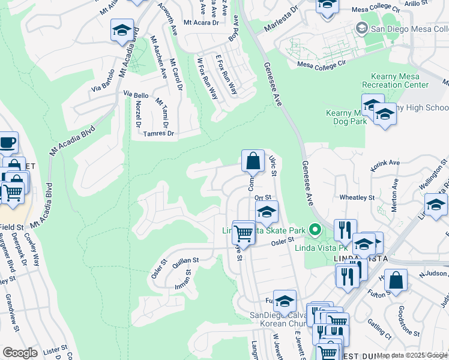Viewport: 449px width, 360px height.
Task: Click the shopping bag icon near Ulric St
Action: (253, 161)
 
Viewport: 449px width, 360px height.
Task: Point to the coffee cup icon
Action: (7, 143)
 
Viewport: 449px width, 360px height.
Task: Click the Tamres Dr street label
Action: (159, 134)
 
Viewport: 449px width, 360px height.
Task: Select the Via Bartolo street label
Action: (103, 88)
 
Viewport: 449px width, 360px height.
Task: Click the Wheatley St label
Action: (357, 197)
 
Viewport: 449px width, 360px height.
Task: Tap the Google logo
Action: (20, 353)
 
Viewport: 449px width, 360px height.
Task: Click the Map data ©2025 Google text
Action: (412, 355)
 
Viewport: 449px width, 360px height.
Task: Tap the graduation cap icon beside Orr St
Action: (267, 211)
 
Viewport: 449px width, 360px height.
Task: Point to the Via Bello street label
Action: (136, 95)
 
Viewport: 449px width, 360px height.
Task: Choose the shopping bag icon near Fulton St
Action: (396, 280)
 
